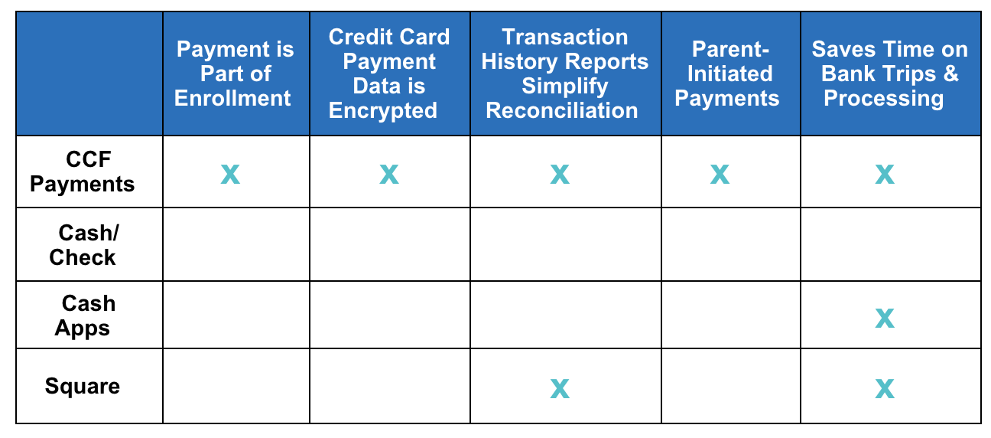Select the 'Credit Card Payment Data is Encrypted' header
[389, 74]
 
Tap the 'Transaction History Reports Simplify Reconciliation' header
[564, 74]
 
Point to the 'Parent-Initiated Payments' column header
[728, 74]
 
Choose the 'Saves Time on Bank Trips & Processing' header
[889, 74]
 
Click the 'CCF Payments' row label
[83, 172]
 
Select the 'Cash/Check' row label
[84, 245]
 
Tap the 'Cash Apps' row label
[84, 315]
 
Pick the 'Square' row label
[83, 386]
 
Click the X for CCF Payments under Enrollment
[230, 175]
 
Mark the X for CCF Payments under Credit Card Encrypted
[389, 175]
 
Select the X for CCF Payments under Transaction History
[560, 175]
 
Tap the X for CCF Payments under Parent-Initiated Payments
[720, 175]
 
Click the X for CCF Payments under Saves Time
[885, 175]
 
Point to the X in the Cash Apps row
[885, 319]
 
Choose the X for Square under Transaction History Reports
[560, 389]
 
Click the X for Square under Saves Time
[885, 389]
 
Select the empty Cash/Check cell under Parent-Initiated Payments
[731, 244]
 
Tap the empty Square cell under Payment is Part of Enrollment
[236, 386]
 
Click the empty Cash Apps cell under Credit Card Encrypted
[390, 315]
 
